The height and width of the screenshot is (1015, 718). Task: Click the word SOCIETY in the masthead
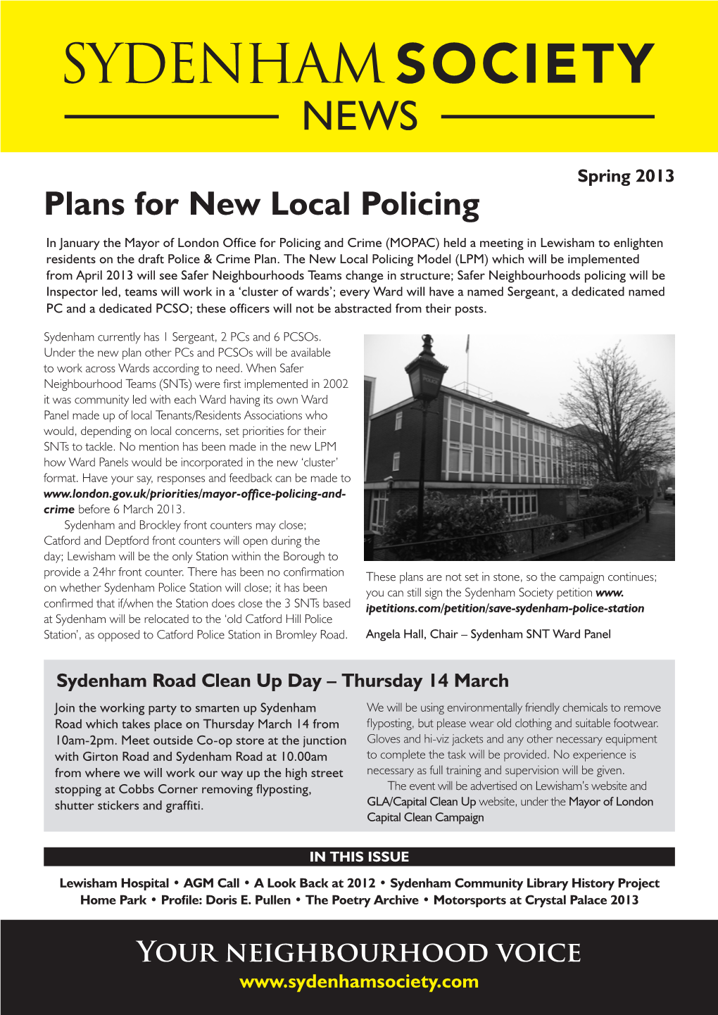(524, 65)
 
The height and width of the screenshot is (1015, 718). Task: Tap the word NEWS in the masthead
(360, 117)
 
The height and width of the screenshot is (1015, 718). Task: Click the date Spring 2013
(625, 176)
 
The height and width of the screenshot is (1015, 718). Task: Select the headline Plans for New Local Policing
(261, 205)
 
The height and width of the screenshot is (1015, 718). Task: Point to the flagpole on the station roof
(467, 352)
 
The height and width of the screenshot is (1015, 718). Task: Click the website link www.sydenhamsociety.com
(359, 981)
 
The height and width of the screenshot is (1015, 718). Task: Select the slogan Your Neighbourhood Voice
(359, 952)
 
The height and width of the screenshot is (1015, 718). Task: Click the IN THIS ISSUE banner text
(359, 857)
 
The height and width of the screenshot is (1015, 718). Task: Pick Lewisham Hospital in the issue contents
(114, 883)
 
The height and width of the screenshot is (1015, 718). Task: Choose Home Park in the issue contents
(113, 900)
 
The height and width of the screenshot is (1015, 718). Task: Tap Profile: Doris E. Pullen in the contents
(225, 900)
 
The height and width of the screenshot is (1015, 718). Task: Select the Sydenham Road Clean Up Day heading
(282, 681)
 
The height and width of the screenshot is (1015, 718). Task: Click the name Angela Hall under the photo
(396, 634)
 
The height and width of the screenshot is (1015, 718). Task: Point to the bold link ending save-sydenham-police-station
(505, 608)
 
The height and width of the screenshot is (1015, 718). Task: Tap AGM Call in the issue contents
(211, 883)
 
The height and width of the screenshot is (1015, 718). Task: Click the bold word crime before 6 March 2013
(59, 510)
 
